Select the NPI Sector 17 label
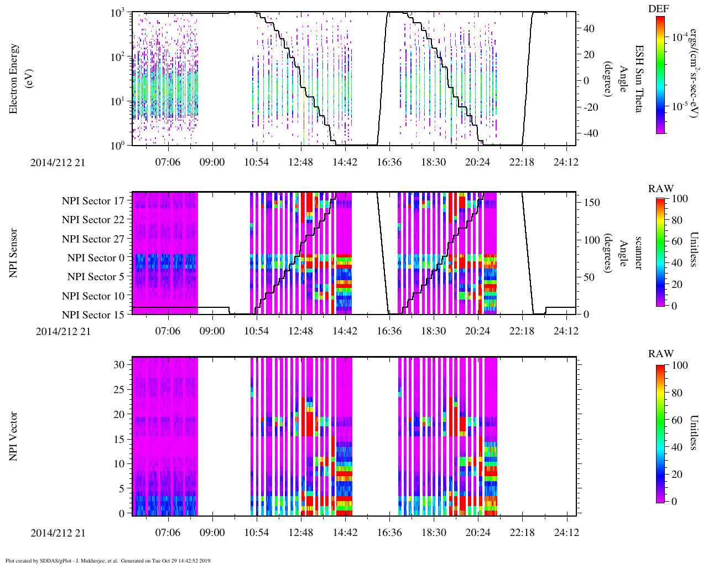(93, 201)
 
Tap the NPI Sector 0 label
(96, 258)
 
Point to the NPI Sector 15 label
(93, 315)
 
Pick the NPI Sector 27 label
(93, 239)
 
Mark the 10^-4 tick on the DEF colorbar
(680, 38)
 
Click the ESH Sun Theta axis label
(639, 79)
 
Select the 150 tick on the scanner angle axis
(592, 203)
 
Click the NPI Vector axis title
(14, 436)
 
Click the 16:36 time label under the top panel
(389, 162)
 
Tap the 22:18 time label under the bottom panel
(522, 533)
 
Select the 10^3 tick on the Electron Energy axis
(118, 13)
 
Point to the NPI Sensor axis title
(14, 253)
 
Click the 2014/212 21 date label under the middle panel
(63, 332)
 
